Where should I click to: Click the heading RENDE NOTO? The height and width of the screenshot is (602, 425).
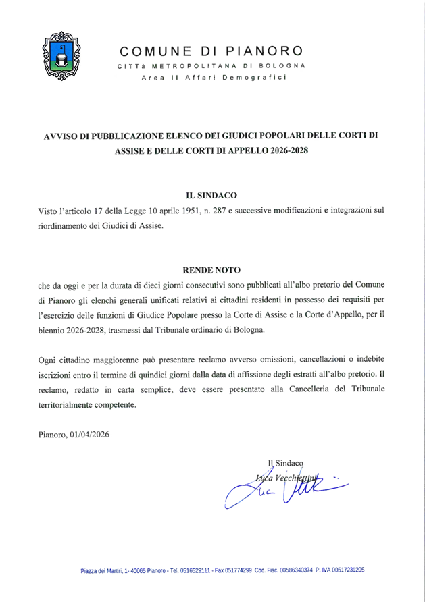(x=211, y=269)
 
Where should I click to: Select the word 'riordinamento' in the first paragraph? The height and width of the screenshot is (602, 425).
(x=66, y=227)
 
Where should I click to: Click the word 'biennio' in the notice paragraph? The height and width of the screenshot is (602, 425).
(x=55, y=331)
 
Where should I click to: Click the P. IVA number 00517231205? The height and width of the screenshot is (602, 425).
(x=343, y=570)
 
